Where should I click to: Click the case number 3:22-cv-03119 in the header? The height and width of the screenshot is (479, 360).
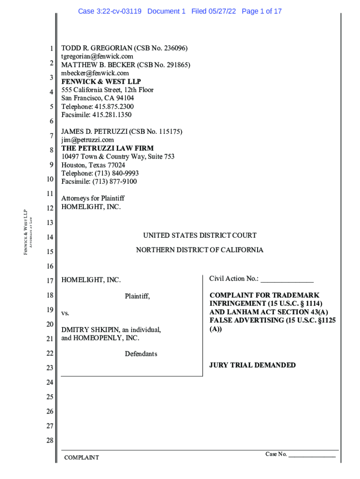tap(120, 11)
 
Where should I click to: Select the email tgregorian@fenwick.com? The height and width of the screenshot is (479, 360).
tap(97, 57)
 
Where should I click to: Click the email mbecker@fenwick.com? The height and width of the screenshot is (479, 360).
tap(95, 73)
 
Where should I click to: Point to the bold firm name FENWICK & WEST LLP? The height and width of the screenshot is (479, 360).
tap(101, 81)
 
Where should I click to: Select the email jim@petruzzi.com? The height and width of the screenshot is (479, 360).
tap(87, 140)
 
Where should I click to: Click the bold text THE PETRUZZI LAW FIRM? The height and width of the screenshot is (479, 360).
tap(107, 148)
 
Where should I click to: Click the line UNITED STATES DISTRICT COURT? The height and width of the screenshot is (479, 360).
tap(200, 236)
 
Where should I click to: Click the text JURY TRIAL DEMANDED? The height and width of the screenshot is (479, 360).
tap(252, 365)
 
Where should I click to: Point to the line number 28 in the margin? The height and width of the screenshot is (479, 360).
tap(50, 441)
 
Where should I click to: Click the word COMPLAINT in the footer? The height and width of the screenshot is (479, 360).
tap(81, 457)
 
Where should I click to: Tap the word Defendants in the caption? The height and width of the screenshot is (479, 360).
tap(141, 354)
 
